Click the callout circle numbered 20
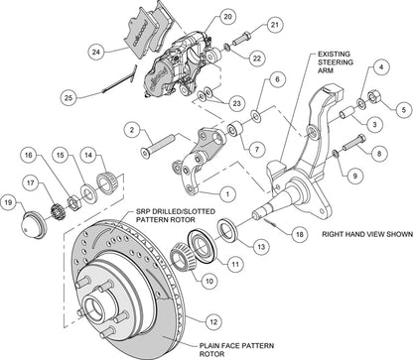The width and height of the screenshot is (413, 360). coord(227,17)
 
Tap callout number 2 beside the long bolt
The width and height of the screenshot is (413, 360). coord(131,128)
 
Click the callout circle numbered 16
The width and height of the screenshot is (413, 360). coord(29,156)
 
